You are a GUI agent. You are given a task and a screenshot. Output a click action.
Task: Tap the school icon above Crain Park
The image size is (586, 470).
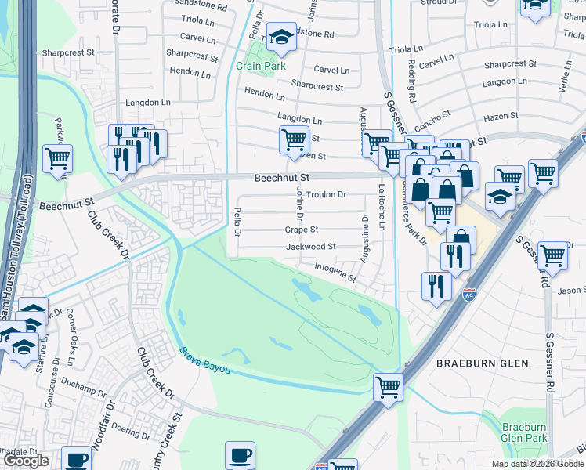(x=280, y=37)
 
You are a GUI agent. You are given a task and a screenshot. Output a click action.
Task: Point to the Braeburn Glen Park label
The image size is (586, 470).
(x=523, y=433)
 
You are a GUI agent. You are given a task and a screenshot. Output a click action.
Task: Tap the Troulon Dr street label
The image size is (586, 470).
(x=326, y=194)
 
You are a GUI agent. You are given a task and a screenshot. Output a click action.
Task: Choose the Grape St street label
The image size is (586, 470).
(x=302, y=230)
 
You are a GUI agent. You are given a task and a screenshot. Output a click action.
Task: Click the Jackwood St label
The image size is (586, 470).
(x=311, y=246)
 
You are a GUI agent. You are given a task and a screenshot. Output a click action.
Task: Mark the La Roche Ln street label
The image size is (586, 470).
(x=382, y=207)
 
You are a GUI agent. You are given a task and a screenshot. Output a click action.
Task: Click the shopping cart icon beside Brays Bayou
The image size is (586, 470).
(x=389, y=386)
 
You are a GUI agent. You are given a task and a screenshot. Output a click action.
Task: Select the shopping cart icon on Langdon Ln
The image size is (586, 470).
(x=294, y=139)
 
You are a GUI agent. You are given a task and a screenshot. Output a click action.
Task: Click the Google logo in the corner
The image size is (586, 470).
(x=26, y=461)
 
